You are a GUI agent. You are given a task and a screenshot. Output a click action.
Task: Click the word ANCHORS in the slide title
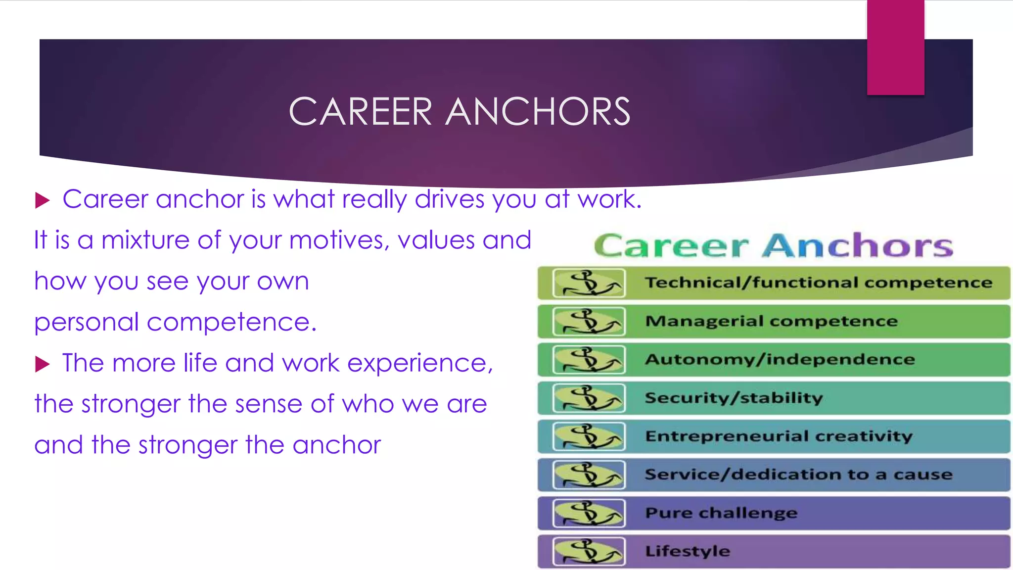538,112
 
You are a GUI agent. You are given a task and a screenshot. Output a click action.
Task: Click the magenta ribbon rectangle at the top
895,47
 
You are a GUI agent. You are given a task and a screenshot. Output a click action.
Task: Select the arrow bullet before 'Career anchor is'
43,200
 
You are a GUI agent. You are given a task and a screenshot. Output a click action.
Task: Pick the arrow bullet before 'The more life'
43,365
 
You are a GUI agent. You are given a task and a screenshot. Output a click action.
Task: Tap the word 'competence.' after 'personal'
231,323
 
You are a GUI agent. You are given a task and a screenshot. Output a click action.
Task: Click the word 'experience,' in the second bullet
420,364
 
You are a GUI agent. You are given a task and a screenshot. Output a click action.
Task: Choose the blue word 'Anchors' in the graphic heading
857,246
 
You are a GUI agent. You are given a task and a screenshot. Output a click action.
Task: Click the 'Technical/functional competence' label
819,283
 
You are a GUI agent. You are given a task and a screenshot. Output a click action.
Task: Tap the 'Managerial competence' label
771,321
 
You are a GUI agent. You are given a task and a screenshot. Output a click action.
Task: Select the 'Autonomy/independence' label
780,359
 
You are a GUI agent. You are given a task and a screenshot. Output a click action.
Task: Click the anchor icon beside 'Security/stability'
589,398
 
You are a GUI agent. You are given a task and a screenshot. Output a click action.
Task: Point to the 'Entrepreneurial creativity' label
779,436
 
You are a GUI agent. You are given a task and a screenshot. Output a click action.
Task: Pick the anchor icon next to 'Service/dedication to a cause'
589,475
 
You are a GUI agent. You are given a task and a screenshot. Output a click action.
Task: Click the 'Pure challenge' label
721,513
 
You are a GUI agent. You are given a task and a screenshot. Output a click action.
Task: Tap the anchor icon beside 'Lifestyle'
589,551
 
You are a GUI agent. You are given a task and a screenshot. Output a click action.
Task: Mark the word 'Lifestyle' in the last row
688,551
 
